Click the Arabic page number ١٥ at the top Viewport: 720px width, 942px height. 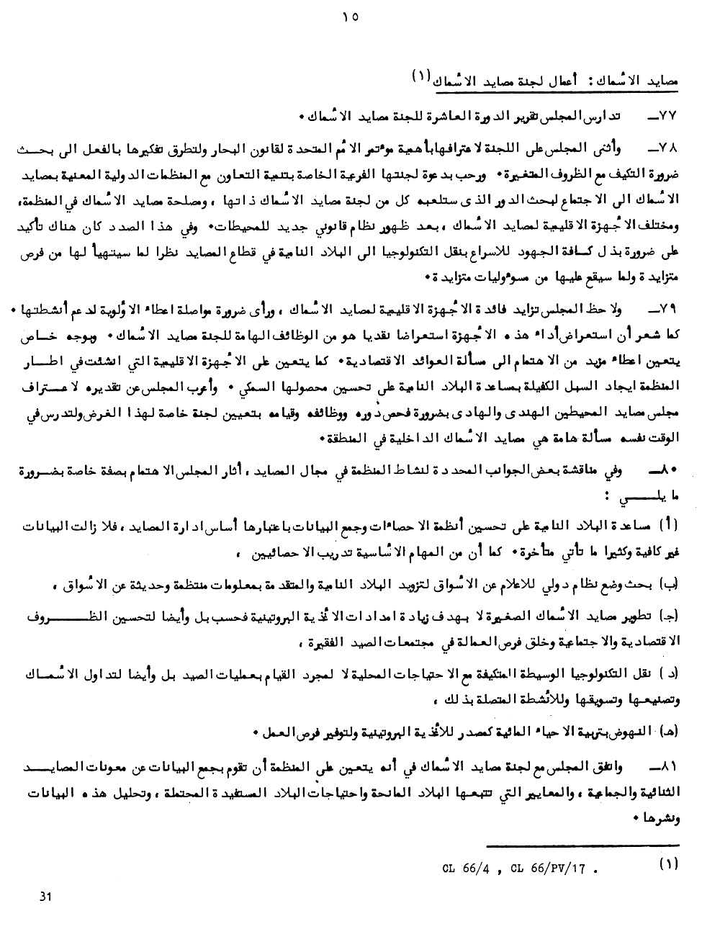351,17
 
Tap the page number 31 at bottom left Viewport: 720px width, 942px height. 47,897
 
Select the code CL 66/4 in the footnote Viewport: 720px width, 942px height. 467,869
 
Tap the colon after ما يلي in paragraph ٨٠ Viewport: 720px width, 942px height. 608,496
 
